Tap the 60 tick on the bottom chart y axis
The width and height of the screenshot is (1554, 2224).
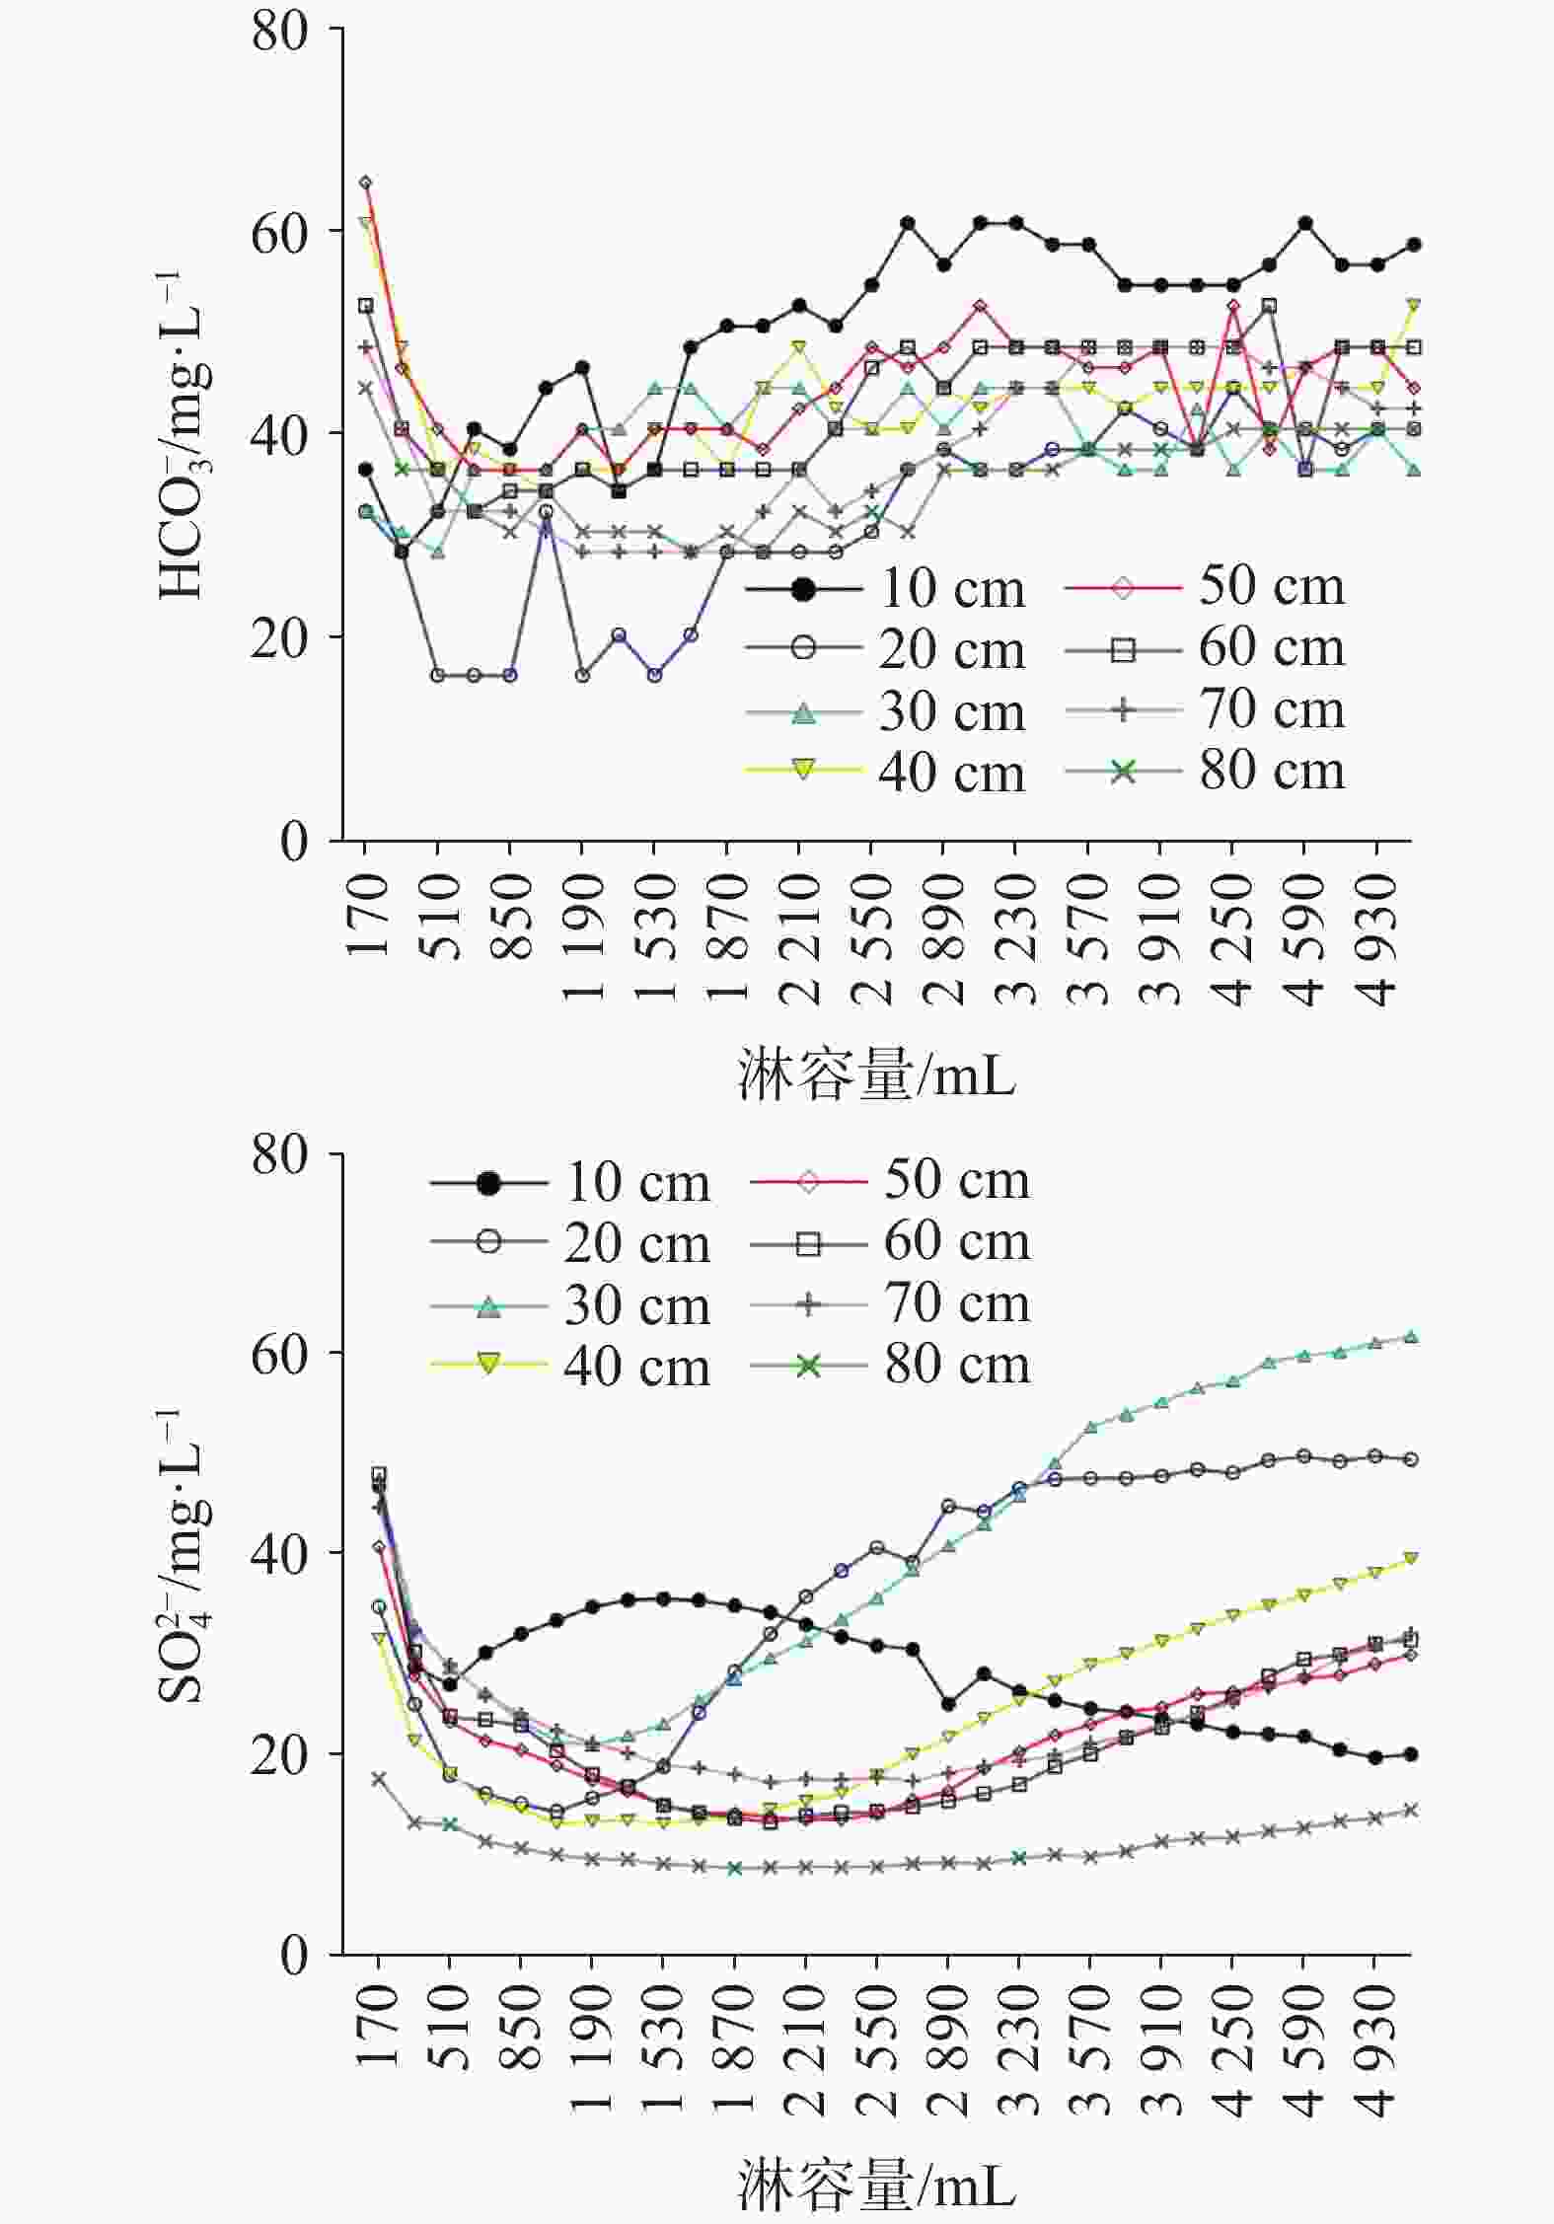[280, 1355]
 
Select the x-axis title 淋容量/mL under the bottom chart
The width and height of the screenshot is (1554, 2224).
[876, 2186]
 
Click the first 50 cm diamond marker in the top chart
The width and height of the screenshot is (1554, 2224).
[365, 183]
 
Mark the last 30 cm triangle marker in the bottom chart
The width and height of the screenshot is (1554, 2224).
[1411, 1337]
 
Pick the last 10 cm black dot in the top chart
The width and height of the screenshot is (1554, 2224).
[1413, 245]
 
